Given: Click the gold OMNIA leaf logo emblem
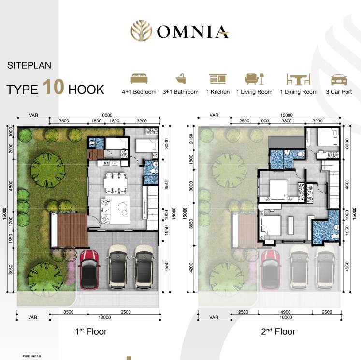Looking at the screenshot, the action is [x=142, y=30].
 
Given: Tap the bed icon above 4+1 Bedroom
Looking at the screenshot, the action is [x=139, y=78].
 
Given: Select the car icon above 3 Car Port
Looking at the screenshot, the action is [x=339, y=80].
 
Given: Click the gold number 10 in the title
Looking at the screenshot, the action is [x=54, y=87].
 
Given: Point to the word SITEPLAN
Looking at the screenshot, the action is [x=29, y=65].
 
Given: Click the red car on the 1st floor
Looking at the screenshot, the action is [x=89, y=270].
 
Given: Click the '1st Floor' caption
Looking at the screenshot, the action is [x=91, y=331].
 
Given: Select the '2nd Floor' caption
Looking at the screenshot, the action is [x=278, y=331].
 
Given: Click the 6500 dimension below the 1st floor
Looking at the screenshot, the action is [x=126, y=312].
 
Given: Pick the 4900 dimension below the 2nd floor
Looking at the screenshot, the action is [x=286, y=312].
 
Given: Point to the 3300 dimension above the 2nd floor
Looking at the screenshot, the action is [x=287, y=121].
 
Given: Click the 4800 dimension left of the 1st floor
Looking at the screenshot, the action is [x=11, y=186].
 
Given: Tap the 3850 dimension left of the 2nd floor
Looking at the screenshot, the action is [x=191, y=224].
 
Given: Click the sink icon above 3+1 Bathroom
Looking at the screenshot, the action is [x=181, y=78].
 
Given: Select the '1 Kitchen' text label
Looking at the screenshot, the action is [x=218, y=92].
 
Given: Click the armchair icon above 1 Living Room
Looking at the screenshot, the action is [x=252, y=78].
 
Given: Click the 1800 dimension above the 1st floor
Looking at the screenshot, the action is [x=114, y=121].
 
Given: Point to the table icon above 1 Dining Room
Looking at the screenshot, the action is [x=298, y=79].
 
